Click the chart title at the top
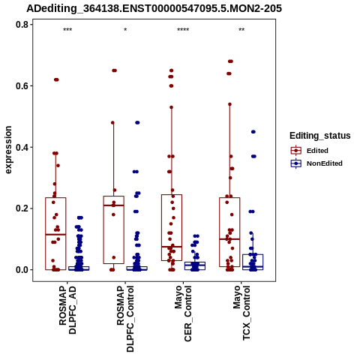pos(154,8)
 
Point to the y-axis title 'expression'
pos(8,150)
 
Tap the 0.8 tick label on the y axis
pos(21,25)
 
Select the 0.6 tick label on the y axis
pos(21,85)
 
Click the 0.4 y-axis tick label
pos(21,147)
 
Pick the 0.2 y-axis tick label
pos(21,208)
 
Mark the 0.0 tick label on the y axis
pos(21,270)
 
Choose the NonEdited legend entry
pos(316,163)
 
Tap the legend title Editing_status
pos(320,136)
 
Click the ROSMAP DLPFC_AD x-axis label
pos(67,310)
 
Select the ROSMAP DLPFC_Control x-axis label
pos(125,319)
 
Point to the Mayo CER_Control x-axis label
pos(183,313)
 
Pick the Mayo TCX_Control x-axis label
pos(241,313)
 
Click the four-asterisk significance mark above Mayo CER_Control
pos(183,30)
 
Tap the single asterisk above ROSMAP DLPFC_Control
pos(125,30)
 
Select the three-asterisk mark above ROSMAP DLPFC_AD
pos(67,30)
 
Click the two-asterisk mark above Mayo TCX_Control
pos(241,30)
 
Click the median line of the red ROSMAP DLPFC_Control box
pos(114,205)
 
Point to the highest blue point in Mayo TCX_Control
pos(253,132)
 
